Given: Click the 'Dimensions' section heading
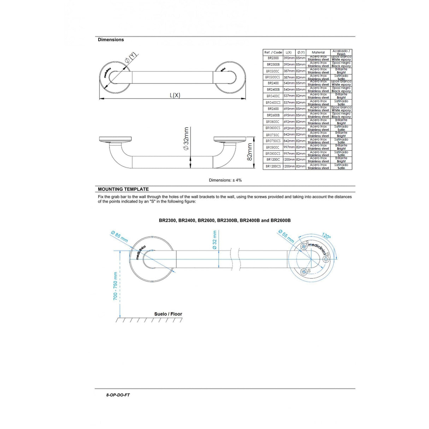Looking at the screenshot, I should (111, 40).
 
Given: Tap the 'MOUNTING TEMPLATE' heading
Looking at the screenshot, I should (123, 189).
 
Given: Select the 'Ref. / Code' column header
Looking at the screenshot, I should (273, 52).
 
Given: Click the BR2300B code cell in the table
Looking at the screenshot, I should (273, 65).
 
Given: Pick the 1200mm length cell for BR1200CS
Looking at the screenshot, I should (289, 166).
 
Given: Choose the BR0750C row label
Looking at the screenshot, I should (273, 135).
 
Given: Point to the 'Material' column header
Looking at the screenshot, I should (318, 52).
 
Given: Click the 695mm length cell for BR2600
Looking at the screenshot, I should (289, 109).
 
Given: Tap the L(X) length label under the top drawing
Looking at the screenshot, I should (175, 95).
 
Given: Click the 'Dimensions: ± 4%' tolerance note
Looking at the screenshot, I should (225, 180).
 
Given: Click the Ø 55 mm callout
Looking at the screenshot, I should (286, 236).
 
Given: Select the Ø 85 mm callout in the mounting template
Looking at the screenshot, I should (119, 236).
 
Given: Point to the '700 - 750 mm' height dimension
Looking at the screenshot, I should (115, 286).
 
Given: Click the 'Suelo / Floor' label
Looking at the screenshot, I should (168, 314).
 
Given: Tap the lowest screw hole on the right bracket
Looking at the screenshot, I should (304, 271).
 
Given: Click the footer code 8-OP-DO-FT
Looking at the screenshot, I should (118, 395).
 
